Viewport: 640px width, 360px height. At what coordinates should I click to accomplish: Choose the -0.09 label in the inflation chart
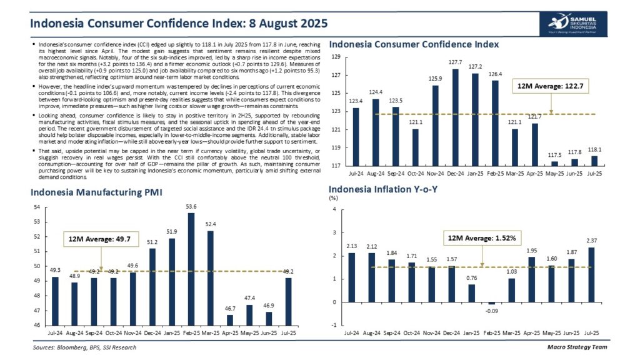491,310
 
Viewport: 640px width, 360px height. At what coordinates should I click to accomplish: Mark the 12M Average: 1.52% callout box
482,238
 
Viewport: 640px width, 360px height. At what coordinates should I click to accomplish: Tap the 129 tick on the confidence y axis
336,57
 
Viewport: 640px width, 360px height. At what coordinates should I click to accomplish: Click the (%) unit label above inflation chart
334,199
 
